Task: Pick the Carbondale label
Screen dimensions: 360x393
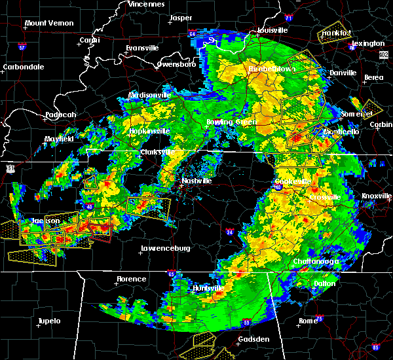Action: point(22,67)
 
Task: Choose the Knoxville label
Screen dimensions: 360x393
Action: point(377,196)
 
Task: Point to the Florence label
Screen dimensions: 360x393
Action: point(131,279)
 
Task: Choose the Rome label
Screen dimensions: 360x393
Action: point(308,320)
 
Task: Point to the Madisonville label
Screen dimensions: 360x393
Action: point(149,95)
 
